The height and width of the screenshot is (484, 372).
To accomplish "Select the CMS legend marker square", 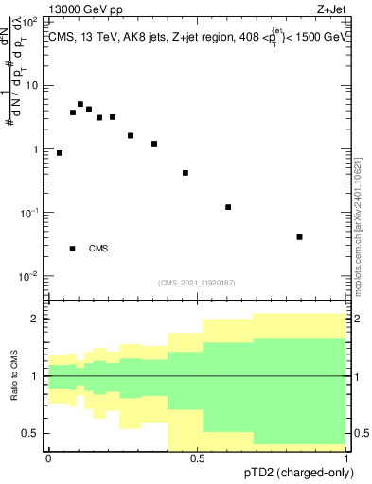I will (x=73, y=249).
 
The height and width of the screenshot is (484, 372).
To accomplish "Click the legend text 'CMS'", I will (x=98, y=249).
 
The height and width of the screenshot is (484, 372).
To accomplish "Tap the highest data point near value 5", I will (x=80, y=104).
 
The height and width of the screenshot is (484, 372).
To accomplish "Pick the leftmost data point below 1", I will (x=60, y=152).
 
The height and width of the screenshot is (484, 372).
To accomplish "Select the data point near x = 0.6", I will (x=228, y=207).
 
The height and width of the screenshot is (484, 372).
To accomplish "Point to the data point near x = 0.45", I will (x=186, y=173).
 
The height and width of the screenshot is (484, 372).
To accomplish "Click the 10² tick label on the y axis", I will (x=30, y=21).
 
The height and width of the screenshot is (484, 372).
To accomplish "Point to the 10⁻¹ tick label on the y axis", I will (x=30, y=214).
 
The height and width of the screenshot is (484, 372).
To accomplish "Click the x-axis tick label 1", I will (x=346, y=458).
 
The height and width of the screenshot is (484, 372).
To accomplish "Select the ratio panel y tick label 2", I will (x=36, y=319).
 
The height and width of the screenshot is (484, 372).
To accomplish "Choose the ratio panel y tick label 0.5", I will (x=30, y=433).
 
